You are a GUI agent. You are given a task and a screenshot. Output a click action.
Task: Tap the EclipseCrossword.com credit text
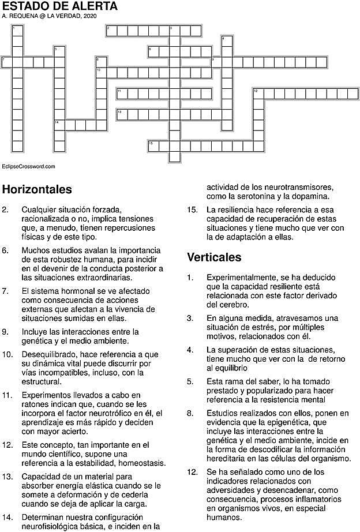[x=28, y=166]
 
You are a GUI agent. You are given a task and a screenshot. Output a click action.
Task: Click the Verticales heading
[x=214, y=257]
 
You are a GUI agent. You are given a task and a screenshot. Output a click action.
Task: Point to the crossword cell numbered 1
[x=17, y=30]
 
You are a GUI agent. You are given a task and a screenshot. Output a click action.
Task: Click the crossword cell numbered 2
[x=111, y=30]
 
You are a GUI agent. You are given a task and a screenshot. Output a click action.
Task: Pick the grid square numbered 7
[x=7, y=62]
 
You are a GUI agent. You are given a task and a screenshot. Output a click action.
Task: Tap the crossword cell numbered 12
[x=257, y=93]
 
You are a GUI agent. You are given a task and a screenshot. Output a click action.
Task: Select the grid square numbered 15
[x=153, y=145]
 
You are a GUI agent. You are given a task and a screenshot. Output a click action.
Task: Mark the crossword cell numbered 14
[x=59, y=125]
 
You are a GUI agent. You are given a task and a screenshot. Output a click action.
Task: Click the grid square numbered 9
[x=216, y=62]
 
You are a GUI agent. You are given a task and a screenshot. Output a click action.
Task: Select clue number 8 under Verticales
[x=190, y=413]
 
